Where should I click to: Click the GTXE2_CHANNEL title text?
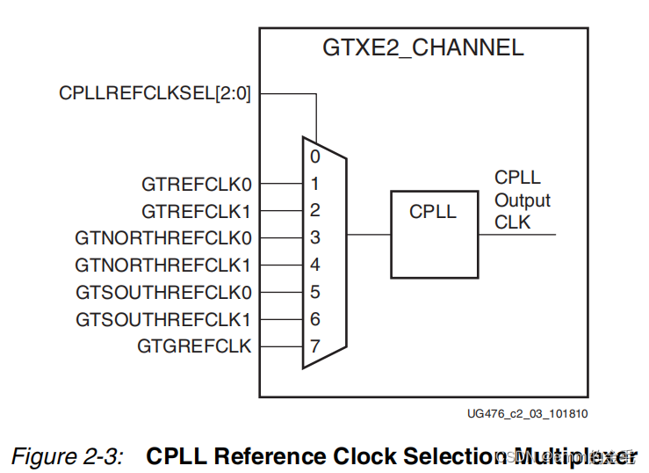(423, 47)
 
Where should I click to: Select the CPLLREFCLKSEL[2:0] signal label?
(155, 93)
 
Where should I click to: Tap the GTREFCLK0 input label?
(196, 185)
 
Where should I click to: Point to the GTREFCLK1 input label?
(196, 211)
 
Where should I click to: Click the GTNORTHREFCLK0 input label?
(163, 238)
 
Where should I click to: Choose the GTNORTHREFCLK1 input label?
(163, 265)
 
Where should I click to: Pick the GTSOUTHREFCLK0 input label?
(163, 292)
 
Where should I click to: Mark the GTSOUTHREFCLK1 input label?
(163, 319)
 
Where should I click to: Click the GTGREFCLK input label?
(194, 346)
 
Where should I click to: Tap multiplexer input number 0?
(314, 157)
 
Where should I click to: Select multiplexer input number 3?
(314, 238)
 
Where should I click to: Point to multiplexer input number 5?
(314, 292)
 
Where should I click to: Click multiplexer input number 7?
(314, 346)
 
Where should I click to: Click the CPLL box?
(433, 234)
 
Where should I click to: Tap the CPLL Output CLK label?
(522, 200)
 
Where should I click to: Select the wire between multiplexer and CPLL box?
(369, 235)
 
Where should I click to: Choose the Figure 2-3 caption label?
(66, 456)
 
